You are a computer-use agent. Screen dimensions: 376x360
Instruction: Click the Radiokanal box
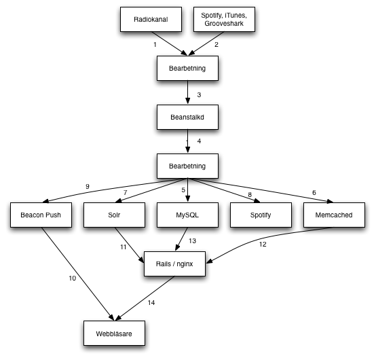click(x=151, y=19)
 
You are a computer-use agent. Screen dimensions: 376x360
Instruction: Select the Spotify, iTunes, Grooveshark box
click(x=224, y=19)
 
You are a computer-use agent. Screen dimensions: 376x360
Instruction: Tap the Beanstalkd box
click(x=187, y=117)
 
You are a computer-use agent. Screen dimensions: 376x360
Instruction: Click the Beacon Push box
click(x=41, y=215)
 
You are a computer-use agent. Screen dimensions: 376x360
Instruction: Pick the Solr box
click(x=114, y=215)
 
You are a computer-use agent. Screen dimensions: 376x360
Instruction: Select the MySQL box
click(x=187, y=215)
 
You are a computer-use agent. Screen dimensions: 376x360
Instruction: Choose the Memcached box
click(x=334, y=215)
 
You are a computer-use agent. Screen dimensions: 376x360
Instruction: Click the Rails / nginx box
click(x=174, y=264)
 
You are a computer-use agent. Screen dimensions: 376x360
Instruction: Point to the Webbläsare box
click(x=114, y=333)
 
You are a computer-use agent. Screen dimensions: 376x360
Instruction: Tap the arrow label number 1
click(x=155, y=45)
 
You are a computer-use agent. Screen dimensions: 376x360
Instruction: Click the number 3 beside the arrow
click(x=199, y=95)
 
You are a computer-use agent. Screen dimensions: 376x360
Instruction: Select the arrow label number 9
click(x=88, y=187)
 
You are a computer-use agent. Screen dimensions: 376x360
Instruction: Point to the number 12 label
click(x=263, y=245)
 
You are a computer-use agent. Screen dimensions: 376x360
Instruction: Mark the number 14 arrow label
click(x=151, y=303)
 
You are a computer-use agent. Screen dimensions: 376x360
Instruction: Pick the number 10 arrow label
click(x=73, y=278)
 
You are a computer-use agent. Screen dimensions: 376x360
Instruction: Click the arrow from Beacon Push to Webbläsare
click(x=78, y=274)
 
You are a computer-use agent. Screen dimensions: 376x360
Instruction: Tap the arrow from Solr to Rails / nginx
click(x=129, y=245)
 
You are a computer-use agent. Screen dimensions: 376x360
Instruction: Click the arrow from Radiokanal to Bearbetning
click(x=169, y=43)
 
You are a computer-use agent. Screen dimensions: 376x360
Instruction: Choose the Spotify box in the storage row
click(x=261, y=215)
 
